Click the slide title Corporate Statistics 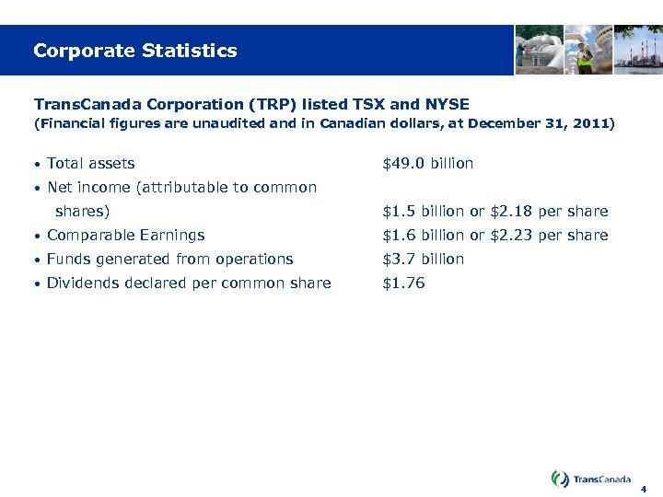[x=134, y=51]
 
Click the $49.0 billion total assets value [x=427, y=164]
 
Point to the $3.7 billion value [x=423, y=260]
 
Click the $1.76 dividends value [x=403, y=283]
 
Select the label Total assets [x=90, y=164]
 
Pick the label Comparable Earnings [x=125, y=236]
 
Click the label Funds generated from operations [x=169, y=260]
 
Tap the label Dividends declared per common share [x=189, y=283]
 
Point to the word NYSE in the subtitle [x=442, y=104]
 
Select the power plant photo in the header [x=638, y=50]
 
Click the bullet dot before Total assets [x=35, y=165]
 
